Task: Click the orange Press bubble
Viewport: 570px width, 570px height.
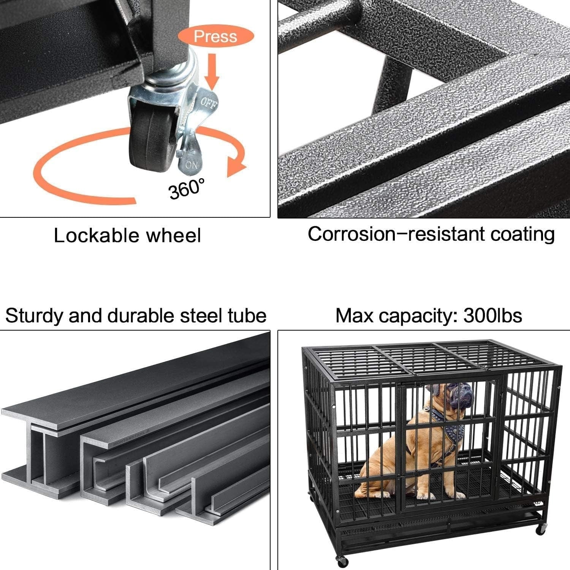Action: [x=215, y=36]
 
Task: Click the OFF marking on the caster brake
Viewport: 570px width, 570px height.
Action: [x=209, y=102]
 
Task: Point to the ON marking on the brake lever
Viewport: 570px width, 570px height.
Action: [x=192, y=165]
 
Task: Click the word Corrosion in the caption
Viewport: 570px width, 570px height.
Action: [x=351, y=234]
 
